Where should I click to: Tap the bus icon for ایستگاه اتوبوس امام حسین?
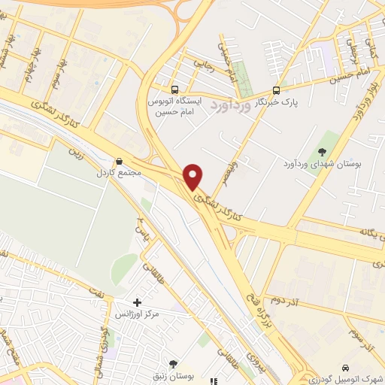coord(174,86)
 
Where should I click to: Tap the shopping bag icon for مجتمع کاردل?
coord(119,160)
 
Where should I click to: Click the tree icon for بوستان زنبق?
coord(174,363)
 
